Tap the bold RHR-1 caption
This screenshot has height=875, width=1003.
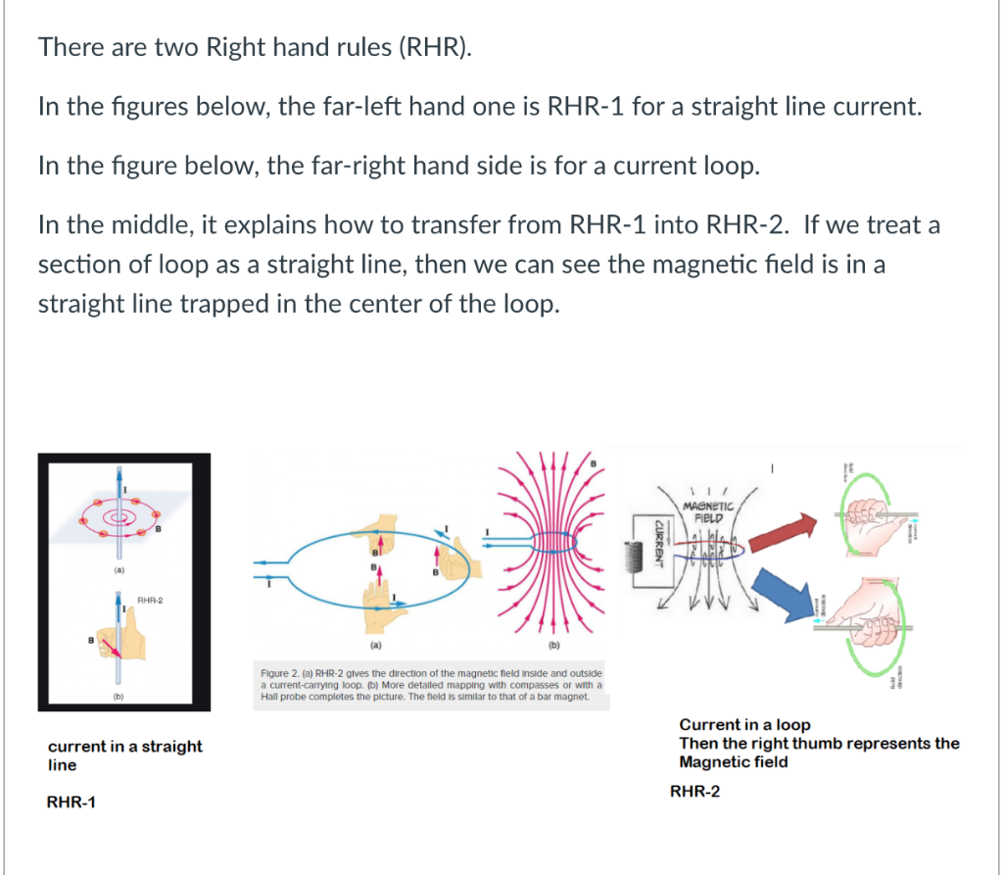click(x=72, y=802)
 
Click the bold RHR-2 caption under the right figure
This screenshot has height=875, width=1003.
click(x=695, y=792)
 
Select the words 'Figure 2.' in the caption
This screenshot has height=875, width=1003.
click(x=280, y=674)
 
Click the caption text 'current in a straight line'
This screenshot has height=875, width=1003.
click(x=124, y=754)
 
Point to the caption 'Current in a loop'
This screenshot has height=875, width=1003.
click(x=744, y=725)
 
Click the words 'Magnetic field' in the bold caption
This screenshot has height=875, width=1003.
click(x=734, y=761)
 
